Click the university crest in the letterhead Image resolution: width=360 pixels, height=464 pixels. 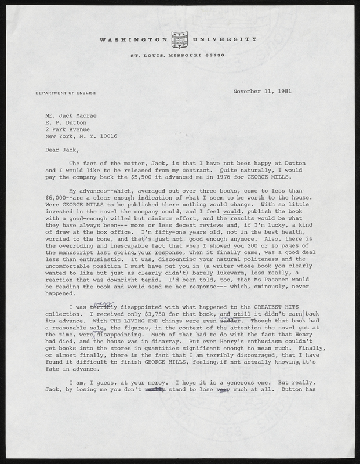180,41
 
